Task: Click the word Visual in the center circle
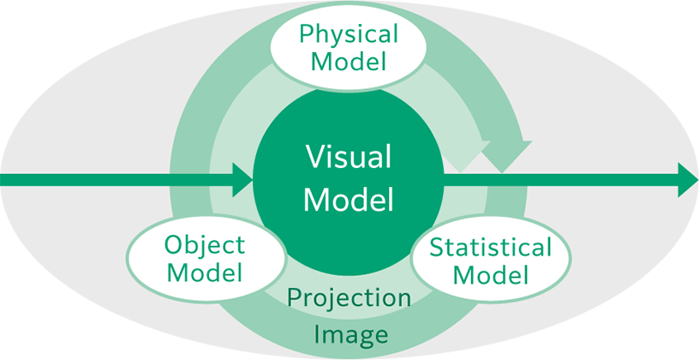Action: (x=349, y=159)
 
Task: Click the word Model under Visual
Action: (x=349, y=200)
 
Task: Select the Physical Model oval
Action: (x=349, y=47)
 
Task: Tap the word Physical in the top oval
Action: (x=349, y=34)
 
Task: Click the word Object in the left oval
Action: (x=206, y=245)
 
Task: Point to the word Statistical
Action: (x=490, y=249)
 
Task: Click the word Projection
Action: (x=349, y=298)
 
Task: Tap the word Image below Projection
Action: (x=349, y=333)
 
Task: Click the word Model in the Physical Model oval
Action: (x=349, y=61)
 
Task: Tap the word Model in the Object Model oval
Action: (x=205, y=273)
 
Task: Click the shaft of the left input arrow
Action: (x=111, y=180)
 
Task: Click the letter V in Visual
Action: (x=314, y=159)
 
